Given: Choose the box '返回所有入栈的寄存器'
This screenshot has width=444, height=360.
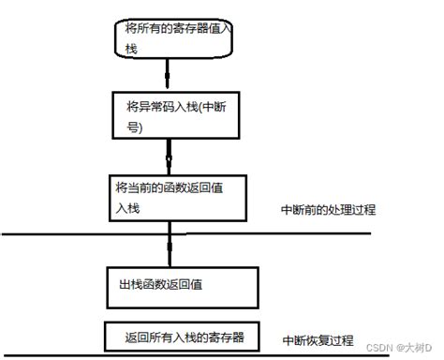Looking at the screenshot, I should tap(178, 335).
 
